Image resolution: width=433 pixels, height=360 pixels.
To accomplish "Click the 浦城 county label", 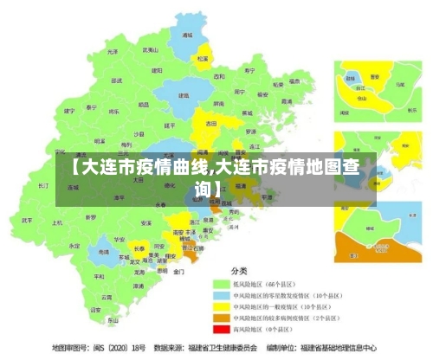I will (x=187, y=36).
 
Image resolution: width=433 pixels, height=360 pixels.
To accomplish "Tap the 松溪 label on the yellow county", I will (x=202, y=59).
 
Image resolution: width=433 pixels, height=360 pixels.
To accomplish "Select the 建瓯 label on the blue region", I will (x=184, y=95).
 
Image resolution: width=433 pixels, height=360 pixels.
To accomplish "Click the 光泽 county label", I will (x=113, y=52).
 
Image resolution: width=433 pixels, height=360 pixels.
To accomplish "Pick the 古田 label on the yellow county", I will (x=210, y=124).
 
